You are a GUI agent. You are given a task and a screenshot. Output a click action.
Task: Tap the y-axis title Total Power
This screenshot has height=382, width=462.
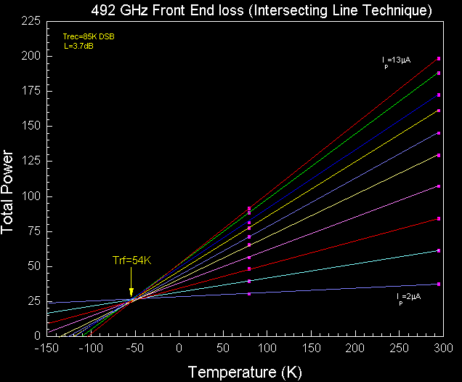pos(9,192)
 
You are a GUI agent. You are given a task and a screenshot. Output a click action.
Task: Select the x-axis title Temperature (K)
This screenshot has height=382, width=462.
pos(245,372)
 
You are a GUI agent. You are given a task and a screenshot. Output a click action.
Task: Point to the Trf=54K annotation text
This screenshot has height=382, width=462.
pos(131,260)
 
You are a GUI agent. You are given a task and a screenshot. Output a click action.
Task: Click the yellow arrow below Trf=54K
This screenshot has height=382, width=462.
pos(131,280)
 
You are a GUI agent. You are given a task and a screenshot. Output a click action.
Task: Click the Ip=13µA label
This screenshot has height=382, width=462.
pos(397,60)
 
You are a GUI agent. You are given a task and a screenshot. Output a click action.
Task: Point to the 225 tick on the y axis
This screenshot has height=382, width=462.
pos(30,21)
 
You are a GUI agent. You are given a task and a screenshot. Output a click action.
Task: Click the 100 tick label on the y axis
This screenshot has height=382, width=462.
pos(30,196)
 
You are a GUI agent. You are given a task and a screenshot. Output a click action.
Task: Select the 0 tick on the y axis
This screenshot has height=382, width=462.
pos(36,336)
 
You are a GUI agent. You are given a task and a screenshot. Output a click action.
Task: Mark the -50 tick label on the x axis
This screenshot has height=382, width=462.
pos(135,348)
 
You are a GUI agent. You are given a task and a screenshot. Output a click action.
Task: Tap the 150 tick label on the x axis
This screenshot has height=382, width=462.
pos(311,348)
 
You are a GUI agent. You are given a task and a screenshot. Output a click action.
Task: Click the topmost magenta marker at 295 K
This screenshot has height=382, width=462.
pos(439,58)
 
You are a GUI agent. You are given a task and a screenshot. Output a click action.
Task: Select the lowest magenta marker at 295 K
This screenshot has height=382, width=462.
pos(439,284)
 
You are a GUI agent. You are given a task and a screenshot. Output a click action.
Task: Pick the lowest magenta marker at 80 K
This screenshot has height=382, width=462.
pos(249,294)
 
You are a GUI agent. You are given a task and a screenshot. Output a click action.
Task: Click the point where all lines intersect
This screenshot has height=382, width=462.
pos(132,299)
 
